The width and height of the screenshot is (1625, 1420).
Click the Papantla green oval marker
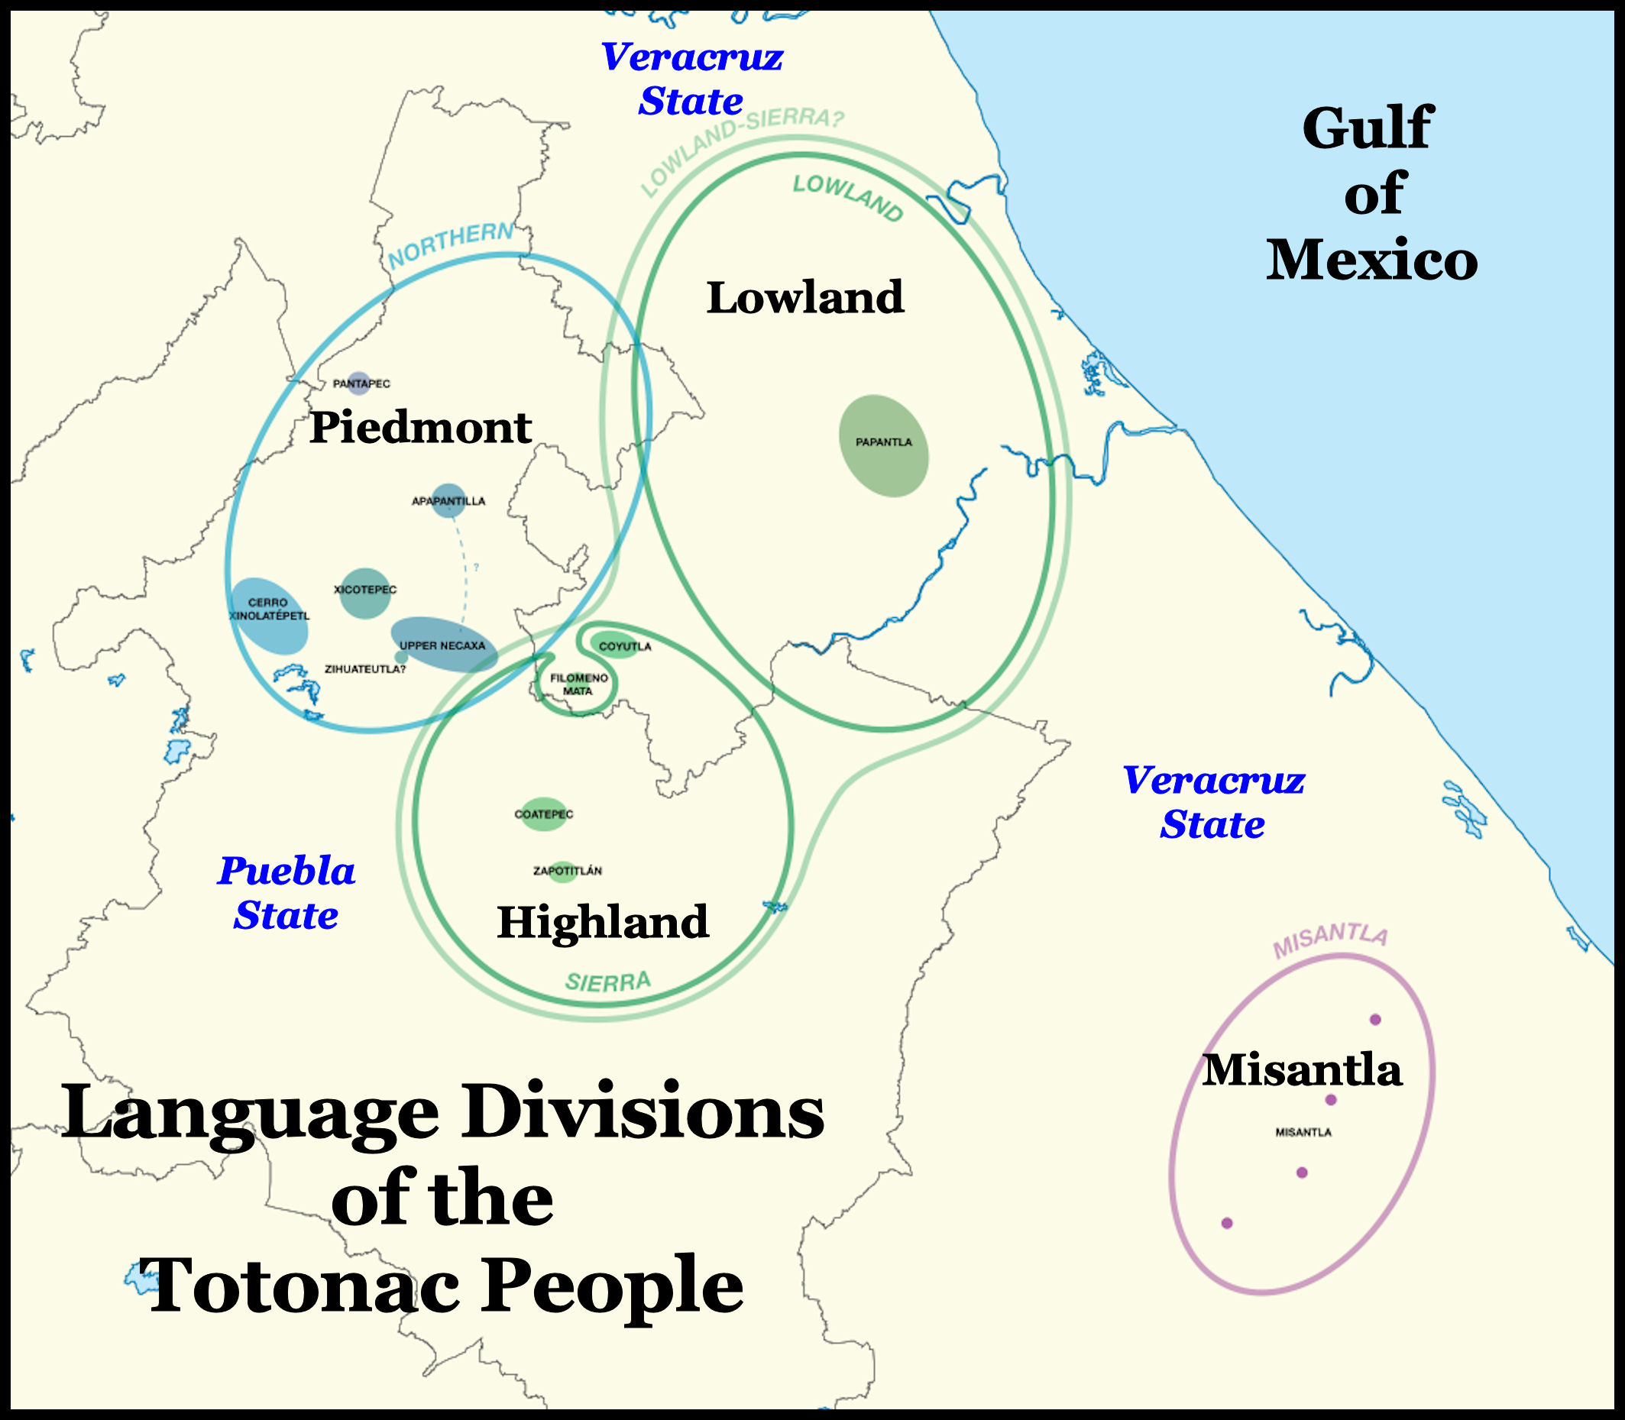(x=883, y=446)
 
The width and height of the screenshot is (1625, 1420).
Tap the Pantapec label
(x=361, y=384)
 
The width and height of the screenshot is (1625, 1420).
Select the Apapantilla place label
(x=448, y=501)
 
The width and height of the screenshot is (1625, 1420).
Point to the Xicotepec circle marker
(x=364, y=594)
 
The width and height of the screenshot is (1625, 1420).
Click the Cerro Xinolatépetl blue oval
(x=269, y=615)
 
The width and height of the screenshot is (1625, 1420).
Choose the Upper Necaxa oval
(x=444, y=644)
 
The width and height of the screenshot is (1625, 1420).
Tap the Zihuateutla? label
(x=364, y=670)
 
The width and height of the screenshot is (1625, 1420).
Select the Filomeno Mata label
(x=578, y=684)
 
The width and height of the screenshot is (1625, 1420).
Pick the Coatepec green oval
(x=544, y=814)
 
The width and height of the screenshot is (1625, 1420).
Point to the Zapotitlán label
(x=567, y=871)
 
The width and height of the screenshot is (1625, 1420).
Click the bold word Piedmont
(x=420, y=428)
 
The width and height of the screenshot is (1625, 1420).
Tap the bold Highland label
(x=603, y=921)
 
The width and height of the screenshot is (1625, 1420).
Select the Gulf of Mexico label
(x=1371, y=194)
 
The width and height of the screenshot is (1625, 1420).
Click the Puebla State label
(x=286, y=893)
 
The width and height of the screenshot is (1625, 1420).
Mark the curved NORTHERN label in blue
(x=450, y=245)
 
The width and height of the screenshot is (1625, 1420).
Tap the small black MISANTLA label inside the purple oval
(x=1303, y=1132)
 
